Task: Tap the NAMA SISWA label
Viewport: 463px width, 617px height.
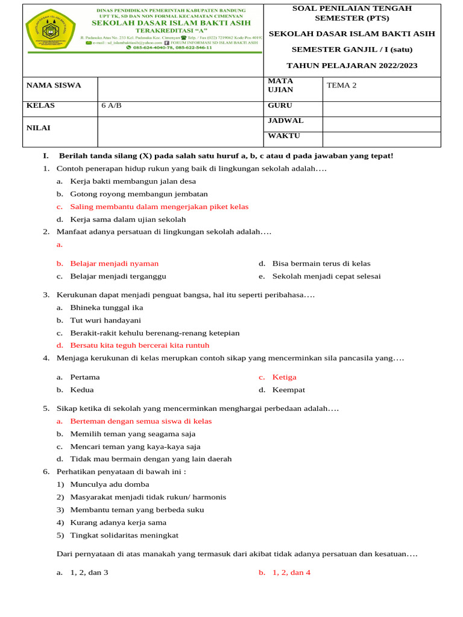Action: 54,86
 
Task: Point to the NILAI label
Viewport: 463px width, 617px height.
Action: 39,128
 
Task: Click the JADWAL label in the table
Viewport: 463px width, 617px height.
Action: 285,121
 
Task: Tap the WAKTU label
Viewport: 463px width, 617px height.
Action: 284,136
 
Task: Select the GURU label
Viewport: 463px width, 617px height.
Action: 280,105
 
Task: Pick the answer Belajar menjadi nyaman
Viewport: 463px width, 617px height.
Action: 115,264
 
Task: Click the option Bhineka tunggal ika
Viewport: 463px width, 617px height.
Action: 107,308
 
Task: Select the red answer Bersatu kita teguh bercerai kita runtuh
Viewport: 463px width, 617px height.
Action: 140,346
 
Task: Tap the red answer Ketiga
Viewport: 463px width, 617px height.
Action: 284,377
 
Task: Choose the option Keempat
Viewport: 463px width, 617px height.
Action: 289,390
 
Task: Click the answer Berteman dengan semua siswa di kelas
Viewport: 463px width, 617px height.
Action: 141,421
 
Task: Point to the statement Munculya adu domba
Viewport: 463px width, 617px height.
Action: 110,484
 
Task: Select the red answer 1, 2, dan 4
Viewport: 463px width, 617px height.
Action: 291,573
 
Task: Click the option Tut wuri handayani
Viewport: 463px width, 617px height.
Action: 106,321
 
